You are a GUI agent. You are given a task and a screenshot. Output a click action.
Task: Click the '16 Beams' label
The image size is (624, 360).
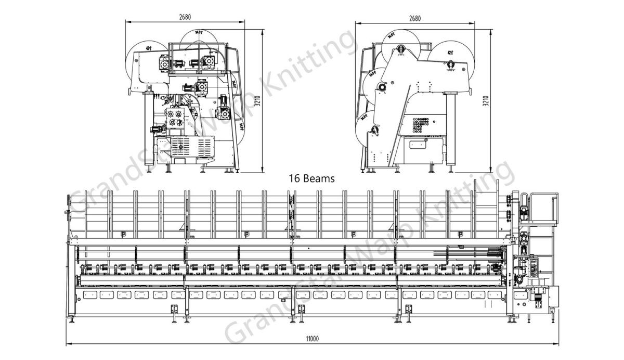311,178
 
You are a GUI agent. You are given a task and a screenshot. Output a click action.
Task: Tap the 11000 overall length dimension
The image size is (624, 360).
311,339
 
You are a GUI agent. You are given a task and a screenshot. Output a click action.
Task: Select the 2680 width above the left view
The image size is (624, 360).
185,17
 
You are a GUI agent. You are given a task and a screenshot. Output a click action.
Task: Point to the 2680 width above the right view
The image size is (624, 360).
414,18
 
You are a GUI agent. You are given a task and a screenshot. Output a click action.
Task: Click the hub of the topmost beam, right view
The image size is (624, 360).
400,49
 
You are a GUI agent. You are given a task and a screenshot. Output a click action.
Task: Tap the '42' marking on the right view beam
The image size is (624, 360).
449,52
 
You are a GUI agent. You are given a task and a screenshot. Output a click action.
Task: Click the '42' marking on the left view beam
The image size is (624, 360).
149,47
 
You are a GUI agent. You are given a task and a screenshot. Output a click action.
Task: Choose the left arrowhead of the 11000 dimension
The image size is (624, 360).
68,344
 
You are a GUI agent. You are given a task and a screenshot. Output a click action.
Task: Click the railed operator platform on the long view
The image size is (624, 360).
541,208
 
